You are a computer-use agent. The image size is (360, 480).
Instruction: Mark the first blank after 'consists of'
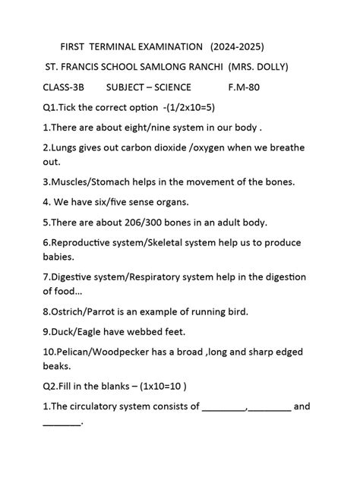pos(224,407)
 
